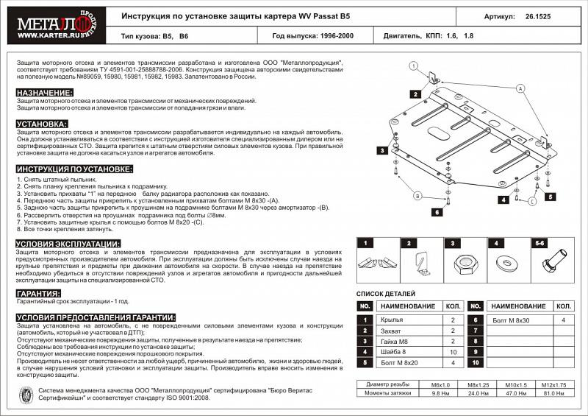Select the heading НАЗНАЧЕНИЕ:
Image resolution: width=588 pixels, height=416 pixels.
[44, 94]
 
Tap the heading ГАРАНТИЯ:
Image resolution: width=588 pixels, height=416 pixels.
[38, 292]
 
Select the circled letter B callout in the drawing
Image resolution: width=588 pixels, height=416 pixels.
[417, 195]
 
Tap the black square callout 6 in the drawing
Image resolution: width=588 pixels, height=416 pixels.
[436, 212]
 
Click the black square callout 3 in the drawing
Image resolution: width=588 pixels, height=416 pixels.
[382, 150]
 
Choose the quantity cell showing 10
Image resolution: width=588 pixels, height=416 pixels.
[453, 352]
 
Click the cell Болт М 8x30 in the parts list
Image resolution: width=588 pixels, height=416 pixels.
[510, 320]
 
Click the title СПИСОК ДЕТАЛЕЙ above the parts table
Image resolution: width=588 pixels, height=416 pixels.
[385, 294]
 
